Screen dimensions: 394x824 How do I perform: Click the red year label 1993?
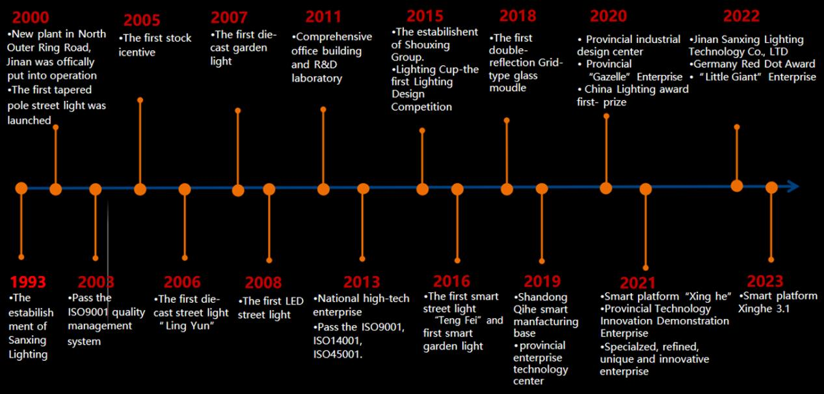point(28,282)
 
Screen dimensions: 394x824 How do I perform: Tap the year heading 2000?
point(31,18)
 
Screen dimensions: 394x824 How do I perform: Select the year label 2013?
point(362,282)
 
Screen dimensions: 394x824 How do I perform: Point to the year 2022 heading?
point(741,16)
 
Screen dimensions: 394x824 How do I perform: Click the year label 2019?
point(542,281)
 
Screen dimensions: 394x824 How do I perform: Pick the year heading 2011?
point(323,16)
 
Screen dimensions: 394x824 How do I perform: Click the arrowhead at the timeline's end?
point(792,187)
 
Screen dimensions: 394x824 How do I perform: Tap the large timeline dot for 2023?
point(771,188)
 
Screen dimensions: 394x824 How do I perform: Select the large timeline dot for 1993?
point(21,188)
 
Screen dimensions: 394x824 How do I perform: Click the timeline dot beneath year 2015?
point(423,189)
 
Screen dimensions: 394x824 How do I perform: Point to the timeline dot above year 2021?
point(645,190)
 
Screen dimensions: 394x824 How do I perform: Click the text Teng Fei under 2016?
point(457,320)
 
